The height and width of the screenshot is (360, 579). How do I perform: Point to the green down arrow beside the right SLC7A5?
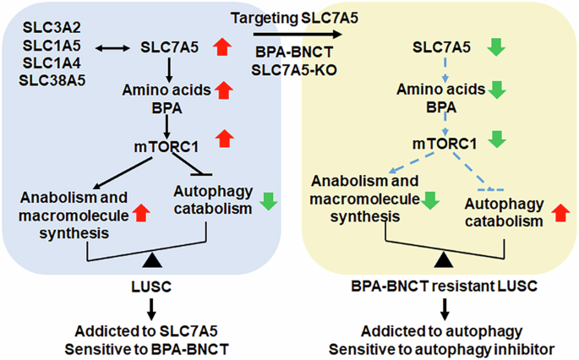pos(498,47)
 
